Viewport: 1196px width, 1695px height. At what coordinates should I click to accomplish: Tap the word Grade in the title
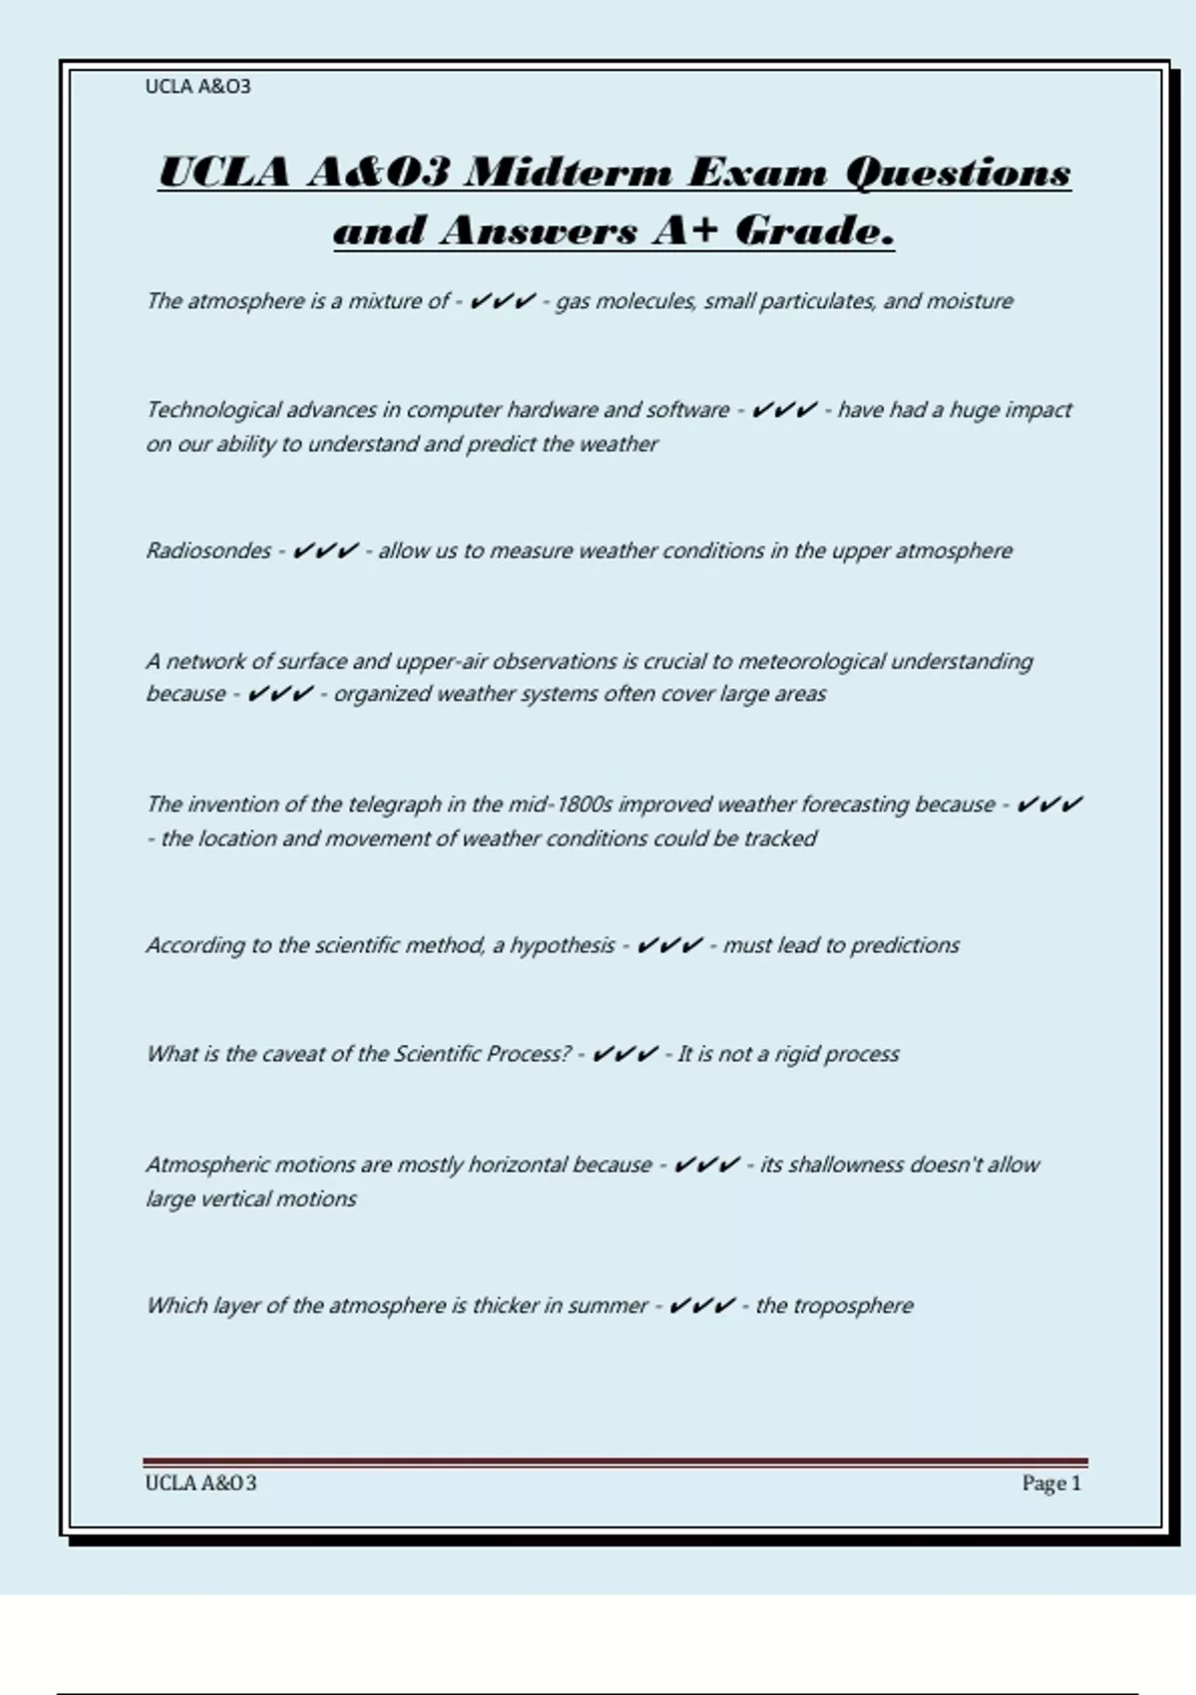[814, 231]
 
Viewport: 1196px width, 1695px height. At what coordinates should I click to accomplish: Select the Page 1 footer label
[1050, 1484]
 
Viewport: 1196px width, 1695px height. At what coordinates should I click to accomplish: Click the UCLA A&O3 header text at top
[197, 87]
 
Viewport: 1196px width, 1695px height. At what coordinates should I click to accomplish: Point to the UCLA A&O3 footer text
[200, 1484]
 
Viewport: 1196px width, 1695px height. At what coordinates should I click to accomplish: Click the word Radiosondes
[208, 551]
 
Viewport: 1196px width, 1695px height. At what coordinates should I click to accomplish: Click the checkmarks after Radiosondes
[325, 551]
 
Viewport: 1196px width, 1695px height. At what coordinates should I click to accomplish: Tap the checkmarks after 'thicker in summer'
[703, 1306]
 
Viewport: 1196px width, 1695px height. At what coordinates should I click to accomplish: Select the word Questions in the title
[958, 172]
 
